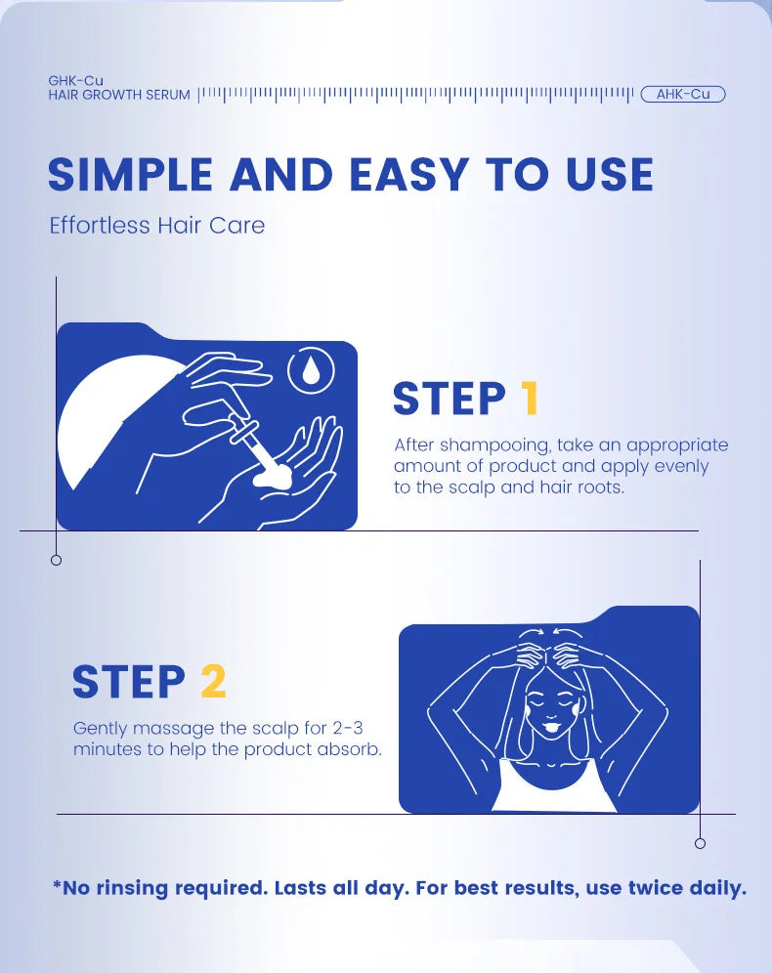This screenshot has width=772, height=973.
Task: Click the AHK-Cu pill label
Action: [x=683, y=95]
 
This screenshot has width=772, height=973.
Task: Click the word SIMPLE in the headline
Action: [x=130, y=175]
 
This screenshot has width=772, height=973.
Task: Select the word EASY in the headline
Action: [x=408, y=175]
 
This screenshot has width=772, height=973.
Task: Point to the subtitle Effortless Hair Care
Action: [x=156, y=226]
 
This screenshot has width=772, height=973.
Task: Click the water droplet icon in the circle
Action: [x=311, y=370]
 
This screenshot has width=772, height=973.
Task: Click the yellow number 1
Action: [x=530, y=400]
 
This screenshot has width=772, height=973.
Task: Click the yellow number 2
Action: [x=213, y=682]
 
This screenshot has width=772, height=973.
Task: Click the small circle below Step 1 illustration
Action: [x=56, y=560]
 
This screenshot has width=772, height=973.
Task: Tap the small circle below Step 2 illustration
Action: [x=700, y=843]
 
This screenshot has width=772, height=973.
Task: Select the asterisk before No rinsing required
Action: [x=57, y=887]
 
